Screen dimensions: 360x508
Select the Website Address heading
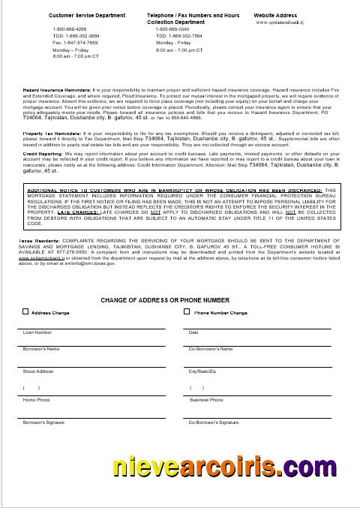274,14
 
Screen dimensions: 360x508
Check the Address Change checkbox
25,312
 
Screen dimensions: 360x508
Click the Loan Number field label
37,332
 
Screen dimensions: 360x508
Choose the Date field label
193,332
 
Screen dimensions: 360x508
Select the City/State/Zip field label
202,371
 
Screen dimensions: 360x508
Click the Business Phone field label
203,400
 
